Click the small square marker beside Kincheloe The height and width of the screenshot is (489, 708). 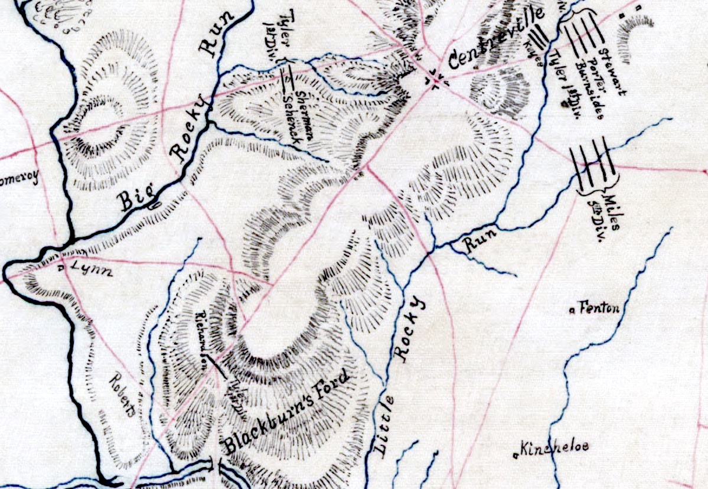517,455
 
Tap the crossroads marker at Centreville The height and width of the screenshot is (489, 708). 436,78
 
